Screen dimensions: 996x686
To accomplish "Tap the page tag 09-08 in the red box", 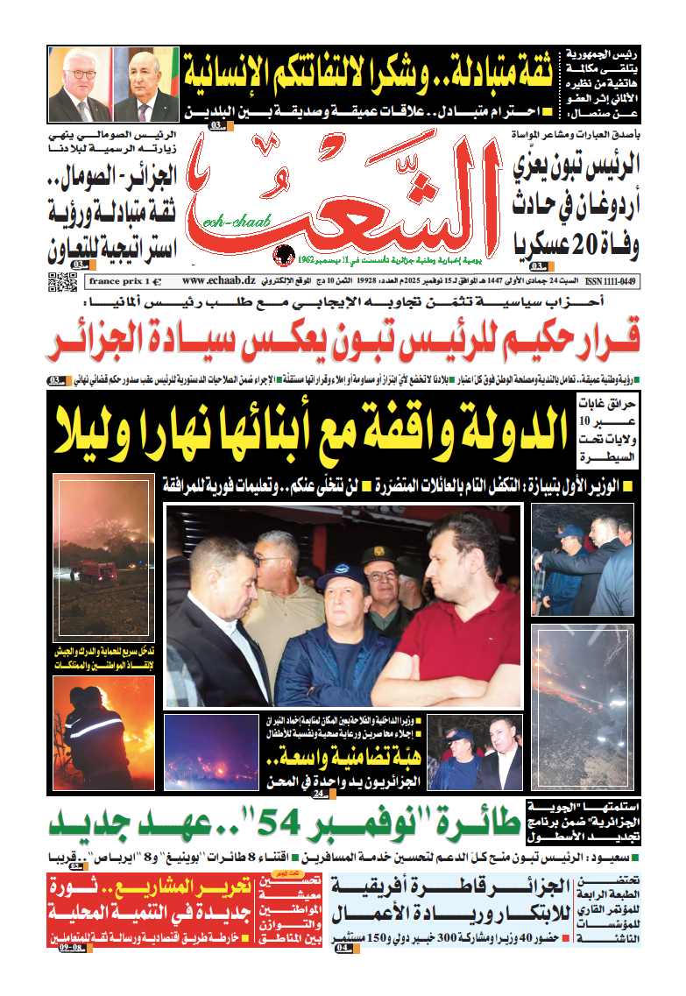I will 72,947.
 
